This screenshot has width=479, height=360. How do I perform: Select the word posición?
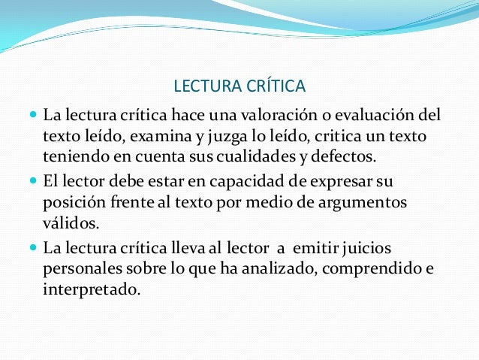(x=74, y=203)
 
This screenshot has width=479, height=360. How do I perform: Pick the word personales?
(x=79, y=268)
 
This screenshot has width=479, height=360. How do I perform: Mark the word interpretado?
(x=92, y=288)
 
